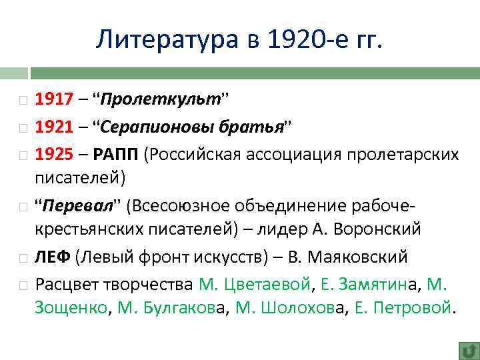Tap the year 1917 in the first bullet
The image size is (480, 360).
coord(53,101)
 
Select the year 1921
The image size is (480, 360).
coord(53,127)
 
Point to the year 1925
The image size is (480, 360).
coord(53,154)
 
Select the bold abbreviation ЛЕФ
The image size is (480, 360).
coord(53,257)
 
